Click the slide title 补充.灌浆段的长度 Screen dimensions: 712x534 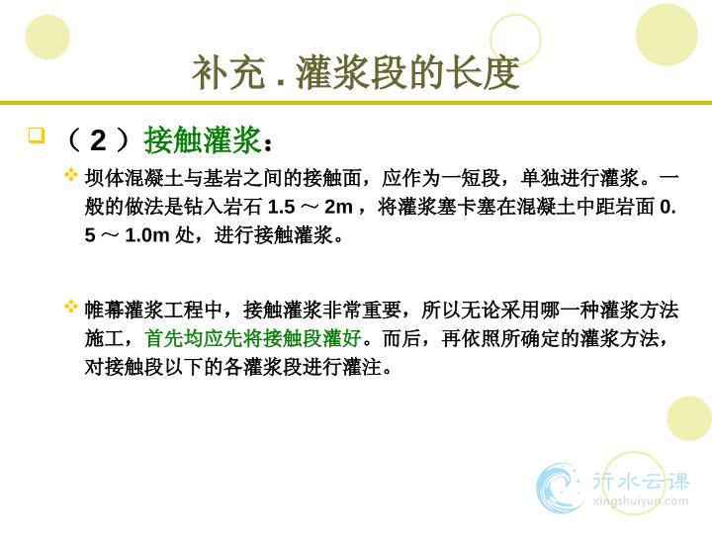point(356,72)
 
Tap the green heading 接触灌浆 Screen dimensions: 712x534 point(203,139)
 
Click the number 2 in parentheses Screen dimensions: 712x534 point(99,140)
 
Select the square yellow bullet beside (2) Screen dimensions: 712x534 point(37,135)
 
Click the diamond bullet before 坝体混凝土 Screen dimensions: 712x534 point(71,174)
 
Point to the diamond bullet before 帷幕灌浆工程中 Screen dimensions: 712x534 point(71,307)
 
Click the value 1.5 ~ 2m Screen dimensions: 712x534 point(311,207)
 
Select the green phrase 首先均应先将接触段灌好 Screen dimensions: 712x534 point(253,338)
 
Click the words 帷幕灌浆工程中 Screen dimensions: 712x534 point(153,311)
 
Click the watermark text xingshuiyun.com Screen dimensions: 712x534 point(640,501)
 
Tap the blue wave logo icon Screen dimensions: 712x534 point(559,487)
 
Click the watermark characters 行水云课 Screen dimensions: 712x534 point(641,482)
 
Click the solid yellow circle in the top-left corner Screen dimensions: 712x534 point(47,38)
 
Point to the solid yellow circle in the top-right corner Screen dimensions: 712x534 point(667,35)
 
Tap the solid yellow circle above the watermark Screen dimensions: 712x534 point(689,418)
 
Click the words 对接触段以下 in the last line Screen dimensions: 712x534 point(143,367)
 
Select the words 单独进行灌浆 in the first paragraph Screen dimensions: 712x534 point(579,178)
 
